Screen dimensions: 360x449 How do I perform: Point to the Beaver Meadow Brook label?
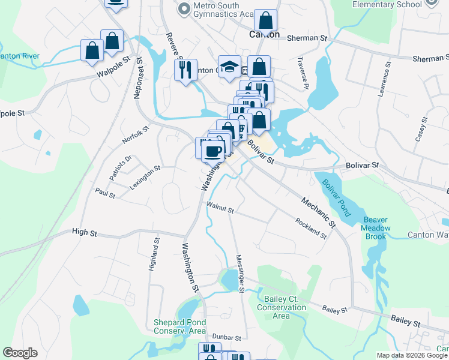(x=376, y=228)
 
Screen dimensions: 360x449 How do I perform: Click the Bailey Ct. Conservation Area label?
(x=282, y=307)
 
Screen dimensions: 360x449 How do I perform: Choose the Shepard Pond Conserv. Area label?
(x=180, y=326)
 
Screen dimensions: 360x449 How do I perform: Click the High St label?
(x=84, y=232)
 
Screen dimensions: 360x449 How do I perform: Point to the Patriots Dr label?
(x=120, y=168)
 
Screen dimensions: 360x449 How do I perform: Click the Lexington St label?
(x=145, y=178)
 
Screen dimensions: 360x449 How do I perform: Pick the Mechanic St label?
(x=318, y=213)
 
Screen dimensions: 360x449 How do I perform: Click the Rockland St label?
(x=311, y=228)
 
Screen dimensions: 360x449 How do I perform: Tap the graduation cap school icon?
(x=229, y=67)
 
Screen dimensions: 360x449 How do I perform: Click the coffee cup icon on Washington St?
(x=211, y=149)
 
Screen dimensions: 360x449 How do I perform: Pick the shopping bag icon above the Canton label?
(x=266, y=21)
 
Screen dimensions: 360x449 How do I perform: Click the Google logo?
(x=20, y=353)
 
